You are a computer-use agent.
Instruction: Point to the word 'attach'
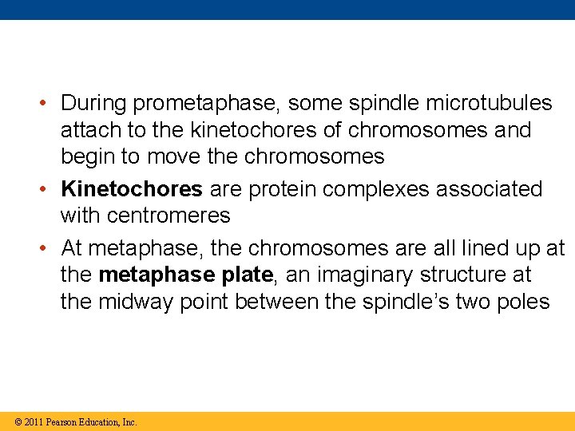point(87,130)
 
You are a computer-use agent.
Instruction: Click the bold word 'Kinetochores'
point(132,189)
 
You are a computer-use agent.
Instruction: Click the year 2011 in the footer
point(33,421)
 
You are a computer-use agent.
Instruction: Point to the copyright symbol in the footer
point(18,421)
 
